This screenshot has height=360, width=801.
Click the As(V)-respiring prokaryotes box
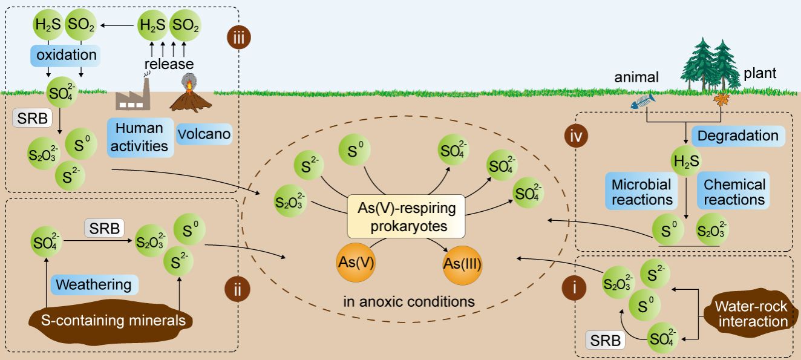coord(405,216)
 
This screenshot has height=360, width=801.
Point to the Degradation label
coord(737,136)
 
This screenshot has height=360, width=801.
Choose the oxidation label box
coord(64,56)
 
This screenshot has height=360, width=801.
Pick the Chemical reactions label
coord(734,191)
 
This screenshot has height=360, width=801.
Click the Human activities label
coord(139,137)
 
